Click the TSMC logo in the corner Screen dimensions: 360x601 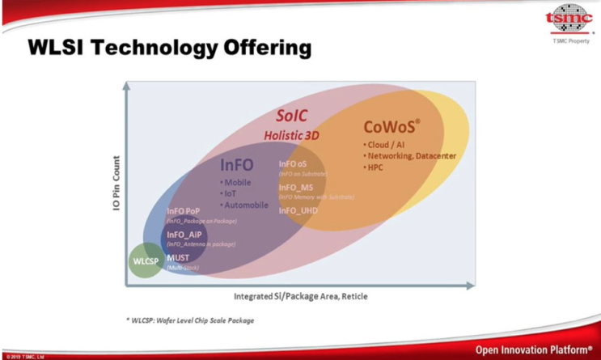coord(569,19)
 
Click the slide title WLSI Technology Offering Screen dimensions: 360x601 coord(169,48)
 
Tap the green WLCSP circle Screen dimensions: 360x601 coord(146,260)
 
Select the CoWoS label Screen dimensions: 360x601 coord(391,126)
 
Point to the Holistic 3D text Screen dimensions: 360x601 coord(292,135)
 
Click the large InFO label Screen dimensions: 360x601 coord(237,165)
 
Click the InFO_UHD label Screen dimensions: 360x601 coord(298,210)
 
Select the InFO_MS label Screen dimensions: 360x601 coord(295,188)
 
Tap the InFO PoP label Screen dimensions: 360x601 coord(188,211)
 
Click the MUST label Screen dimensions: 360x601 coord(178,258)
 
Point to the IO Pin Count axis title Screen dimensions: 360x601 coord(116,184)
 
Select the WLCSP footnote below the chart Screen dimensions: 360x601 coord(190,320)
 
